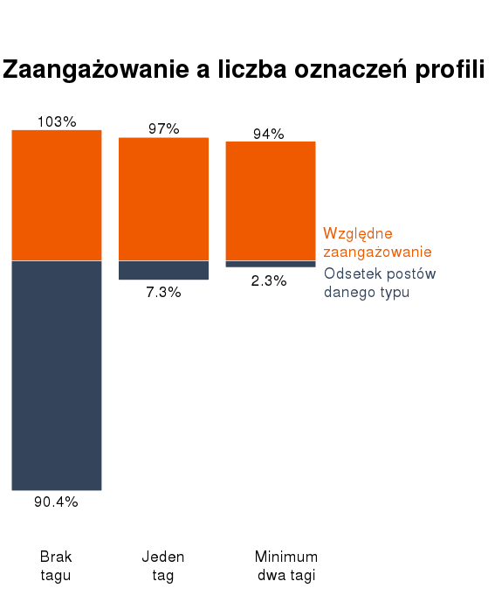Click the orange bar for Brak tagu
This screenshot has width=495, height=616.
pos(57,195)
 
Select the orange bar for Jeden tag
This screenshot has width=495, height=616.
pos(163,198)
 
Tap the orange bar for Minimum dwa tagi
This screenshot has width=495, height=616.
pos(271,200)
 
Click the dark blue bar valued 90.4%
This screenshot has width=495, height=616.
pos(57,376)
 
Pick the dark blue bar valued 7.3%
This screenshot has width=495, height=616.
pos(163,270)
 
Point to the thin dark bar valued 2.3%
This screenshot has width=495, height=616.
pos(271,264)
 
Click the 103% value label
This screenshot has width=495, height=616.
pos(57,121)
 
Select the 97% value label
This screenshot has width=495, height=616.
pos(163,128)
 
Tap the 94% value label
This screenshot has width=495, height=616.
pos(269,134)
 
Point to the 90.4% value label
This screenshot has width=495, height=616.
pos(56,502)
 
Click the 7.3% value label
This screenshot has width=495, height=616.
pos(163,292)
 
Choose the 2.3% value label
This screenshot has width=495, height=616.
pos(269,280)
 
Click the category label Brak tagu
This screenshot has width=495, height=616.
pos(56,565)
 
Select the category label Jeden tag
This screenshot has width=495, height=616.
pos(163,565)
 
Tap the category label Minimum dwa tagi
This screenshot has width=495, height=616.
pos(286,565)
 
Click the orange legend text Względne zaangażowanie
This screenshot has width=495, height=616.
pos(377,242)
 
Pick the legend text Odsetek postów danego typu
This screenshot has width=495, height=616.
pos(379,282)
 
